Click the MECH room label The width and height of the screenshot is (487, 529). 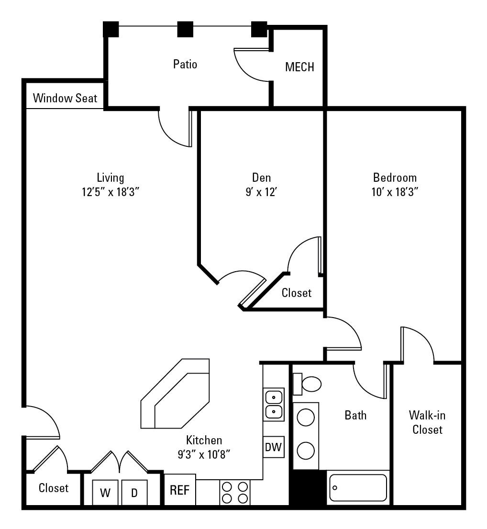click(299, 67)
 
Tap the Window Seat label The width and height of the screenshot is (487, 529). click(65, 99)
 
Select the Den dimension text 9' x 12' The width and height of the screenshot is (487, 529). click(262, 192)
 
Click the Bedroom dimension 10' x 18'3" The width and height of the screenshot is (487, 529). click(395, 192)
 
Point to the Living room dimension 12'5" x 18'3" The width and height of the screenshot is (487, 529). click(111, 192)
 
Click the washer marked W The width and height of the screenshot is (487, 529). click(106, 493)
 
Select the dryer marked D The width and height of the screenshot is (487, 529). click(134, 493)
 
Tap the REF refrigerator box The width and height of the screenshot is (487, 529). click(180, 490)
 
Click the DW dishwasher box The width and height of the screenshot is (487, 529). click(273, 448)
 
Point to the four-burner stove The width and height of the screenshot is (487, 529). click(235, 492)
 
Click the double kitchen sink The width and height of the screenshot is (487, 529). click(274, 404)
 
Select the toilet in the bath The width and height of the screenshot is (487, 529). click(309, 384)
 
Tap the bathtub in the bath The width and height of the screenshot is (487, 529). click(358, 487)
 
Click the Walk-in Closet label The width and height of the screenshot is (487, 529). click(427, 422)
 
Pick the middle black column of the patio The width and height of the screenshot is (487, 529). click(185, 30)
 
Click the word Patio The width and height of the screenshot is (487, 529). click(185, 64)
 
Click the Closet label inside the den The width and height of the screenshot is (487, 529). click(297, 293)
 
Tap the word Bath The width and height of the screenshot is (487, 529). click(355, 415)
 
